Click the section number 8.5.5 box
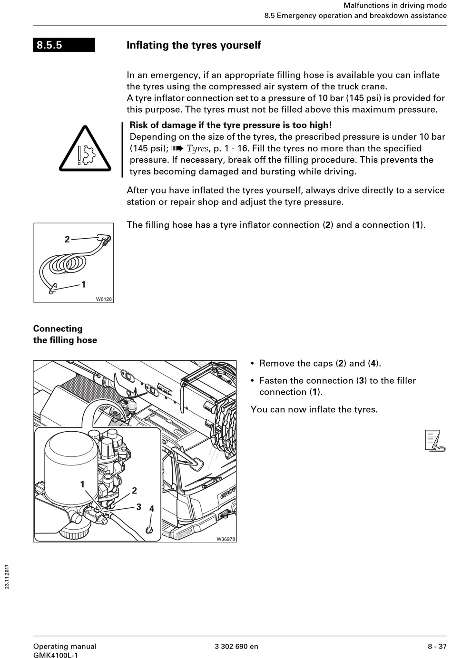[64, 45]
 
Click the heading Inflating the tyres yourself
[194, 45]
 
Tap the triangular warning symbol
[85, 149]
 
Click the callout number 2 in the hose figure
[67, 239]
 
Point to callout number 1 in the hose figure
[84, 284]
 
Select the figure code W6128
[104, 299]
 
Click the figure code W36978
[226, 539]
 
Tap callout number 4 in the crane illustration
[151, 508]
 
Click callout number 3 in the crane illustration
[138, 507]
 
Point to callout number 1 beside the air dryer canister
[82, 484]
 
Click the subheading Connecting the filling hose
[65, 334]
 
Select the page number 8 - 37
[437, 646]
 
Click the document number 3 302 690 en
[236, 646]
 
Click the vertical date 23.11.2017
[7, 576]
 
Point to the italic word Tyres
[197, 148]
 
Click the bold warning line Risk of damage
[230, 125]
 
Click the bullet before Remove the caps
[253, 364]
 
